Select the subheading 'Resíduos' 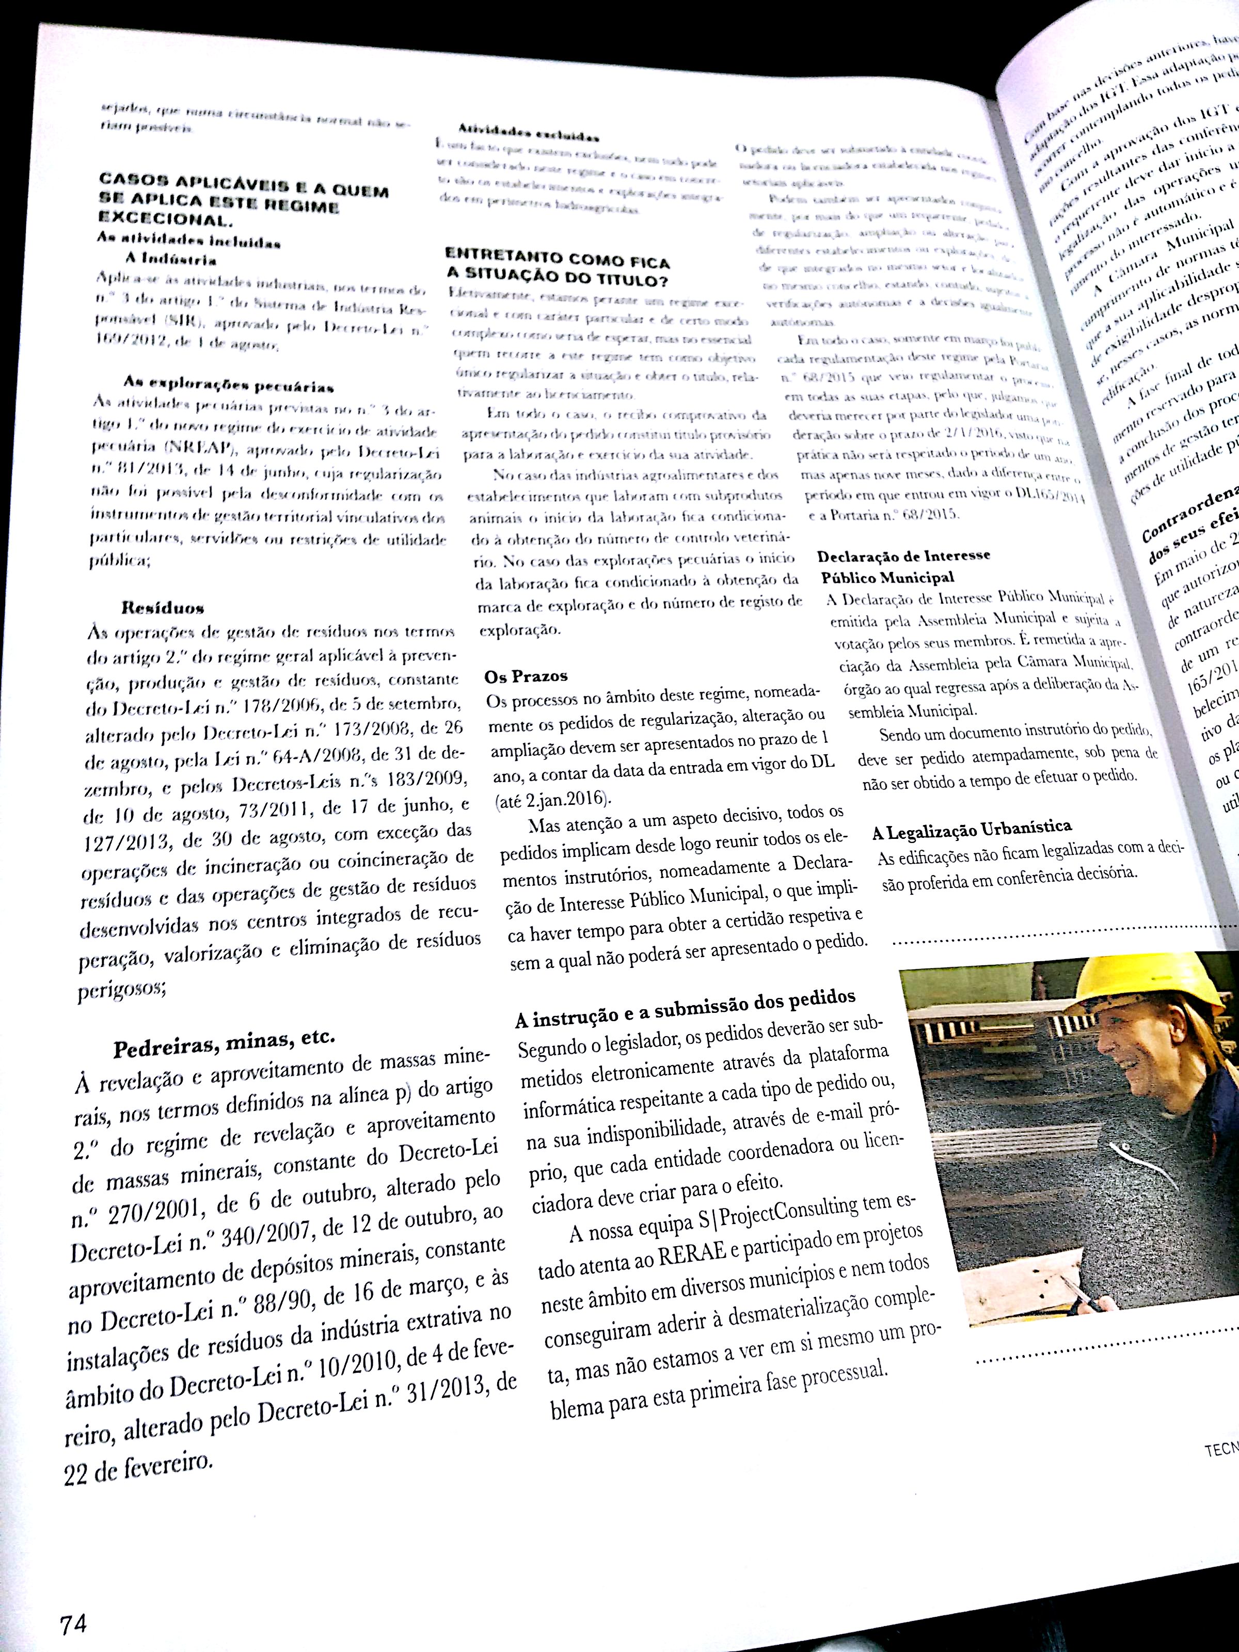[163, 607]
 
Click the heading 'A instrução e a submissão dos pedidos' [685, 1007]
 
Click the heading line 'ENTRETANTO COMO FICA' [557, 261]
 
